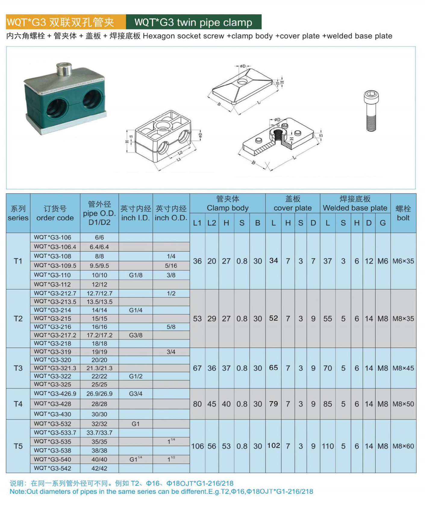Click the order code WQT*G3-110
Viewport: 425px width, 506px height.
pos(52,275)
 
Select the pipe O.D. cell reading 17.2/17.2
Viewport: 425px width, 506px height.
pos(99,335)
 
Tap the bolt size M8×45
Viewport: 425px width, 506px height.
pos(403,368)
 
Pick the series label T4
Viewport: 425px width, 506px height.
pos(18,404)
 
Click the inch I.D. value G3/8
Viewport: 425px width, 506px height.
pos(136,335)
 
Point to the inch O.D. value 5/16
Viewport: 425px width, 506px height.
pos(171,266)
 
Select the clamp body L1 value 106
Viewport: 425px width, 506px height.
pos(197,446)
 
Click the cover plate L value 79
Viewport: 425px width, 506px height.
pos(273,404)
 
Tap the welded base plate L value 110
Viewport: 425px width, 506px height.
pos(328,446)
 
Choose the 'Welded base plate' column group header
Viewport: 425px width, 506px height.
pos(355,204)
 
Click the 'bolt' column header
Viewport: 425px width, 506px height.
pos(403,213)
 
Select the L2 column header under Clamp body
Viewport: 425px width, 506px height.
pos(212,223)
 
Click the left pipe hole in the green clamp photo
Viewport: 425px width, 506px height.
pos(57,107)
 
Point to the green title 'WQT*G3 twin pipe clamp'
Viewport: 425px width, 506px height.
pos(193,22)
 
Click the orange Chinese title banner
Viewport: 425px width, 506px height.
pos(66,22)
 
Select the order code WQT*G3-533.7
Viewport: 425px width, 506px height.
pos(55,433)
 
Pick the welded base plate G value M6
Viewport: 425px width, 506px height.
pos(383,261)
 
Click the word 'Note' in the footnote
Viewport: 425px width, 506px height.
pos(17,492)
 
